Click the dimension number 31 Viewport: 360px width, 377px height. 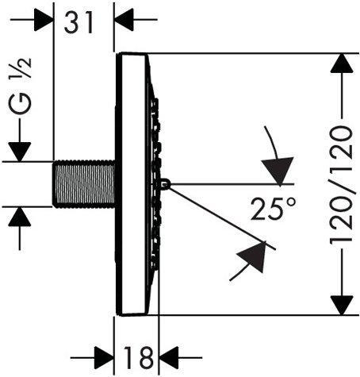coord(83,22)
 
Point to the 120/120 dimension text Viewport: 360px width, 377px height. coord(341,184)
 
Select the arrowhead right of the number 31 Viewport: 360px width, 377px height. coord(124,21)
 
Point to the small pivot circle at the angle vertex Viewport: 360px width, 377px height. coord(165,184)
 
